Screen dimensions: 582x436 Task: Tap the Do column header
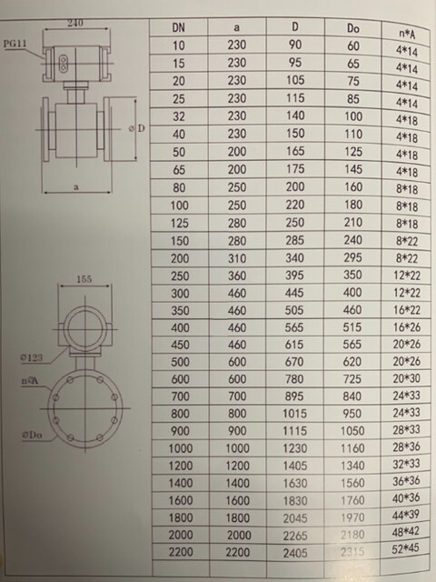354,31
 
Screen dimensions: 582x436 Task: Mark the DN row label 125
181,222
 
